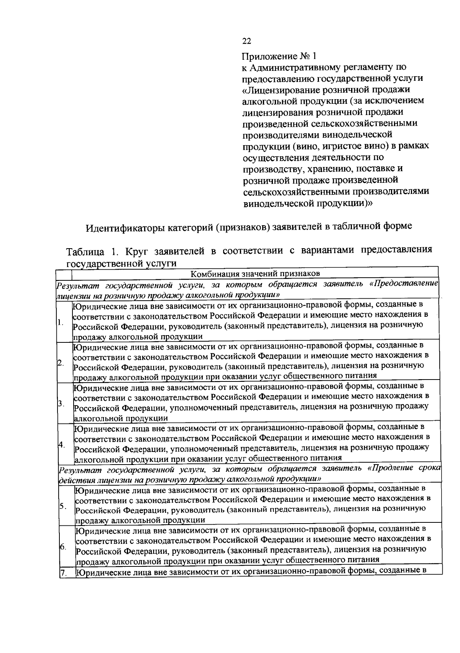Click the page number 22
pyautogui.click(x=246, y=41)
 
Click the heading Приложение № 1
pyautogui.click(x=279, y=56)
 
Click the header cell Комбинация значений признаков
pyautogui.click(x=255, y=273)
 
